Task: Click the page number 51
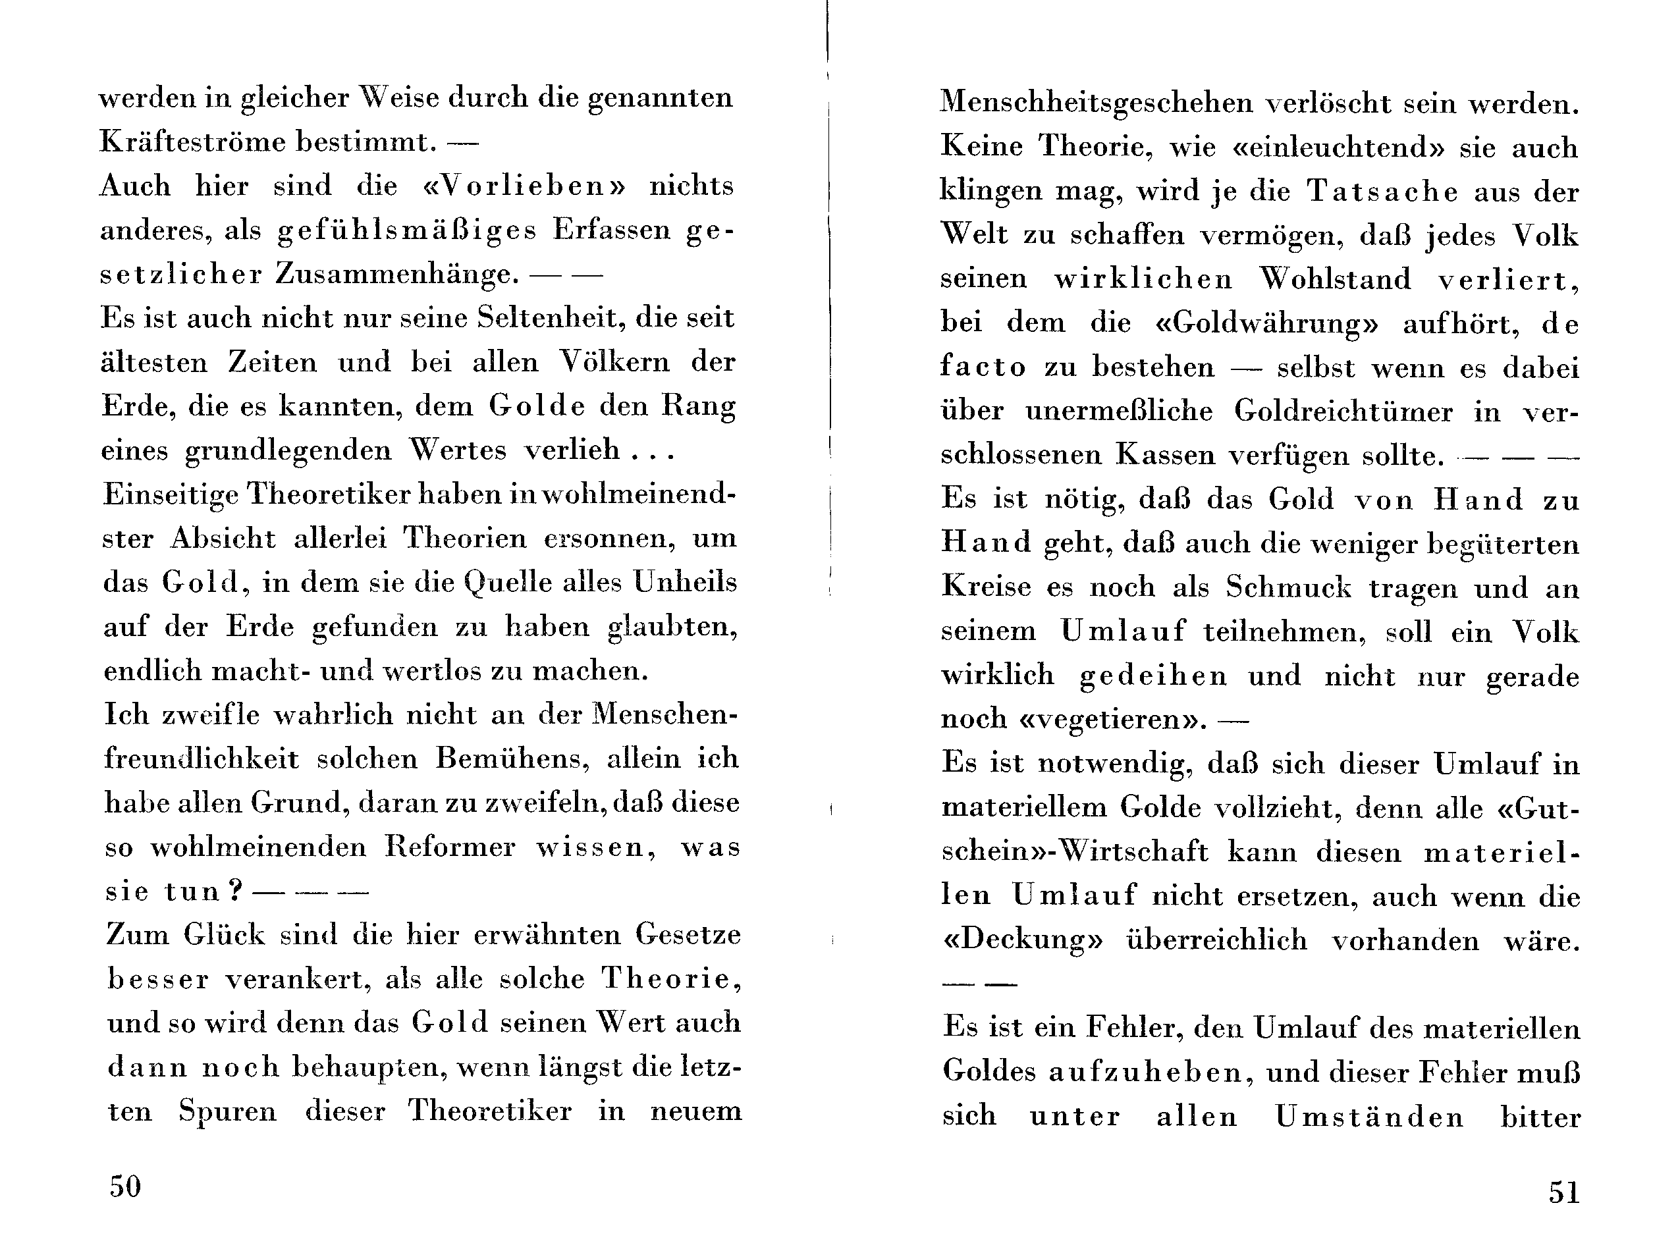1564,1191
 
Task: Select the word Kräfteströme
192,142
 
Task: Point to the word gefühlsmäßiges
407,230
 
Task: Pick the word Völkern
616,362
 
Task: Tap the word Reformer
450,847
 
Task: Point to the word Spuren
227,1111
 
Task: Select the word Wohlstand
1336,279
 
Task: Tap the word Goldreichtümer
1343,411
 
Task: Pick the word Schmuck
1288,587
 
